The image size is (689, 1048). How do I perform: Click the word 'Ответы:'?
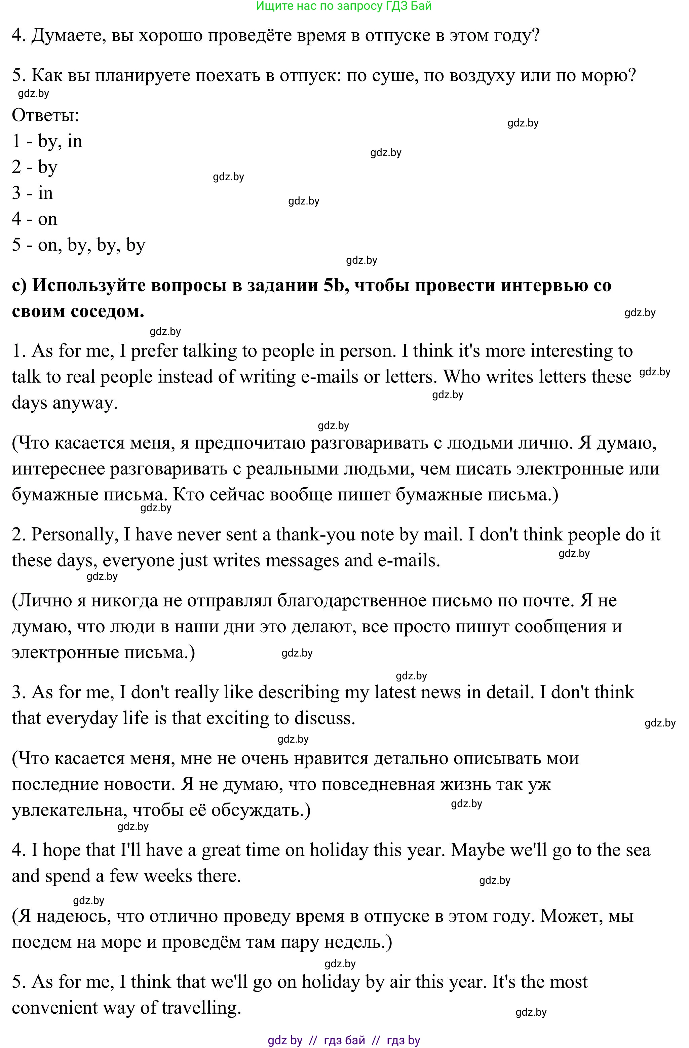45,115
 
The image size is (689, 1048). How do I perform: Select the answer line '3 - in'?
33,193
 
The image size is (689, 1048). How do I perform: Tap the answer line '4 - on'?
34,219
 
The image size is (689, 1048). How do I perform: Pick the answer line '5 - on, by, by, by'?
78,245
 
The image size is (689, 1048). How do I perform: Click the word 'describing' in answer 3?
298,692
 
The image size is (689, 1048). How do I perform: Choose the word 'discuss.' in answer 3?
324,718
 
